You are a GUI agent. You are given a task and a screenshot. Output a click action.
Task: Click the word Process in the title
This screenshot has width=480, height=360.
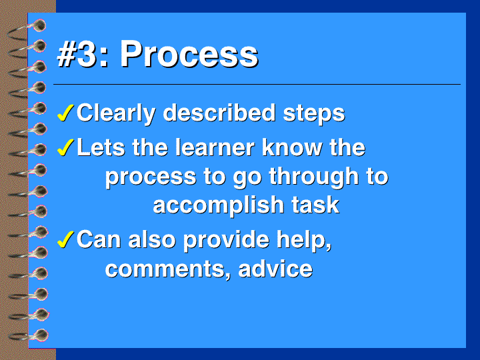click(x=189, y=54)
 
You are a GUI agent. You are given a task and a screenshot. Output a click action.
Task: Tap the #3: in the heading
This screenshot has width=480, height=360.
click(x=83, y=54)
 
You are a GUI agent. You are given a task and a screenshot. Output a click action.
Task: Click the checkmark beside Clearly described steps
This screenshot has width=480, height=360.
click(x=65, y=113)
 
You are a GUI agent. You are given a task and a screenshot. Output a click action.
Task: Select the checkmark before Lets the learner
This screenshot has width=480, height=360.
click(x=65, y=147)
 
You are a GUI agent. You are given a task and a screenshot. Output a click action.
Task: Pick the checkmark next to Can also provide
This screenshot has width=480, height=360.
click(x=65, y=239)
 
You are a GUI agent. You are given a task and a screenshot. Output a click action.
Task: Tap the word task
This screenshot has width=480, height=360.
click(x=315, y=205)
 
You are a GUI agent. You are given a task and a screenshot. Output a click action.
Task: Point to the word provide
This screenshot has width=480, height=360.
click(x=226, y=241)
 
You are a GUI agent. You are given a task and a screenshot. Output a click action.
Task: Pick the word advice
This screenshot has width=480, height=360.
click(x=275, y=268)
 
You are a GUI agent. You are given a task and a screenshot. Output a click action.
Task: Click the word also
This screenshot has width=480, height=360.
click(x=152, y=239)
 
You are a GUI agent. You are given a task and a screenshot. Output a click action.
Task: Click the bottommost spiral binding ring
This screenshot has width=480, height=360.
click(x=28, y=335)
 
